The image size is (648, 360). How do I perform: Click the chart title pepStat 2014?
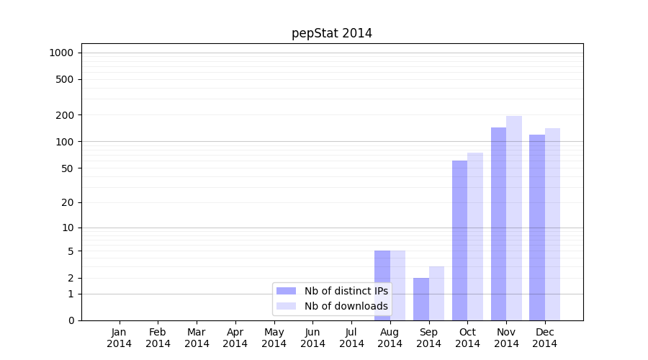[332, 33]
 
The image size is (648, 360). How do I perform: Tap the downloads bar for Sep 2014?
[436, 293]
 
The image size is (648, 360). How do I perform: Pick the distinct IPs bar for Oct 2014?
[459, 240]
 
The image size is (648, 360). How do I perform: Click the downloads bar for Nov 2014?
[514, 218]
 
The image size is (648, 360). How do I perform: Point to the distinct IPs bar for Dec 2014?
[537, 228]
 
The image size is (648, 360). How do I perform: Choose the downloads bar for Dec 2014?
[552, 224]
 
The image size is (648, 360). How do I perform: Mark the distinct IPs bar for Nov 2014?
[498, 224]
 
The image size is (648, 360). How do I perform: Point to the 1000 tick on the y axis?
[61, 53]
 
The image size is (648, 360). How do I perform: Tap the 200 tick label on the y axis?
[65, 115]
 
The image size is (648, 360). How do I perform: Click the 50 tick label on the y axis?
[67, 168]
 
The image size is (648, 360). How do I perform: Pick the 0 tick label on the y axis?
[71, 320]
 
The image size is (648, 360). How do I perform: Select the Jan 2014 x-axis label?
[120, 338]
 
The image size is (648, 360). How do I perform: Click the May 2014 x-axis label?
[274, 338]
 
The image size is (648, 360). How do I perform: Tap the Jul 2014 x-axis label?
[351, 338]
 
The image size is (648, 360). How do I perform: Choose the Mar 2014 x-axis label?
[197, 338]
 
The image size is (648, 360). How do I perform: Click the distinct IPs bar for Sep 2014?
[421, 299]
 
